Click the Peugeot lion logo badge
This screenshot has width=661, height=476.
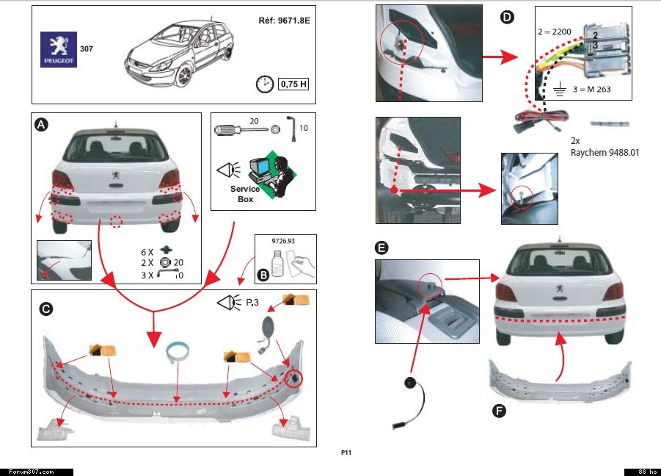click(x=58, y=49)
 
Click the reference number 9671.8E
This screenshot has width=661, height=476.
click(x=285, y=21)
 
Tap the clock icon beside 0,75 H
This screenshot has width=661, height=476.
click(x=264, y=84)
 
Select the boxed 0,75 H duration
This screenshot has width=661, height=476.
click(x=293, y=84)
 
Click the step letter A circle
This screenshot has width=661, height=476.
click(x=43, y=126)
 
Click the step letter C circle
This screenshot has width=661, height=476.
click(x=45, y=309)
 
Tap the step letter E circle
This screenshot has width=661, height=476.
click(x=381, y=248)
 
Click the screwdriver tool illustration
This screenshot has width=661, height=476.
click(x=238, y=130)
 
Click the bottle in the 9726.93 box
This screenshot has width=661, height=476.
click(x=277, y=263)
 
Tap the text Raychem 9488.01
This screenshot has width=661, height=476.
click(x=605, y=152)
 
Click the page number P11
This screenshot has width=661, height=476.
click(x=346, y=452)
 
